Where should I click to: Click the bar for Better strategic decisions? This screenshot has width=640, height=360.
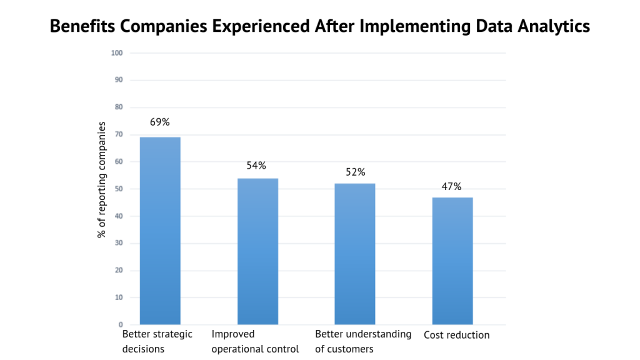(160, 231)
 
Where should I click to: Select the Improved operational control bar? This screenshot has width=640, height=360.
(257, 251)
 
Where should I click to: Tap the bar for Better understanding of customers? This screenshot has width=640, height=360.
(355, 254)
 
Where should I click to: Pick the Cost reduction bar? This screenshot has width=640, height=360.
(452, 261)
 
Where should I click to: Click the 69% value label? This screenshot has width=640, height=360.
(159, 122)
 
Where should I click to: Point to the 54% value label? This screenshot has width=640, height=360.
(256, 166)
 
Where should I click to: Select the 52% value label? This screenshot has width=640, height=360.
(355, 172)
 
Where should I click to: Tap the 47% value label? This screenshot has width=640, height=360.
(451, 186)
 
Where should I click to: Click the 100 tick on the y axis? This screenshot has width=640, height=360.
(116, 52)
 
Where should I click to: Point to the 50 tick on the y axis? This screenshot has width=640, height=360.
(117, 189)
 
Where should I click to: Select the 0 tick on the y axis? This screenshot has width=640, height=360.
(120, 325)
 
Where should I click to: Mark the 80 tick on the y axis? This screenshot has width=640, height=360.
(117, 107)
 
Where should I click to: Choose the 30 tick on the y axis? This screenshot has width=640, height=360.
(117, 243)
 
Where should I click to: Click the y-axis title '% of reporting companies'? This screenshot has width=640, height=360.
(101, 179)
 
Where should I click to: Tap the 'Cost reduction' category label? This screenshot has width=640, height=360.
(456, 335)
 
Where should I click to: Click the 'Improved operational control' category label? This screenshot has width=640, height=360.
(255, 341)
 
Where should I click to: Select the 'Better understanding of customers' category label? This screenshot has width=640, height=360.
(362, 341)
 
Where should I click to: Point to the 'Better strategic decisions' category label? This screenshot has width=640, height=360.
(157, 341)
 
